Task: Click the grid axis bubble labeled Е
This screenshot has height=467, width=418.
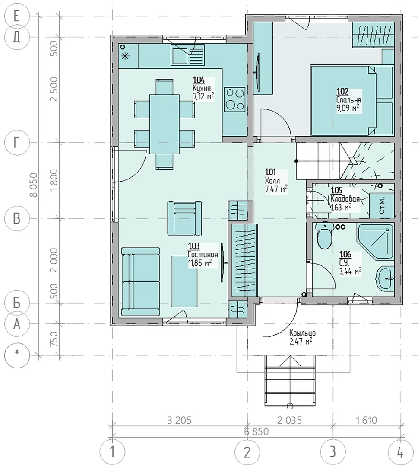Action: pyautogui.click(x=17, y=16)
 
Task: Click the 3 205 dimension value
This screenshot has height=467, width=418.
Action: pyautogui.click(x=179, y=420)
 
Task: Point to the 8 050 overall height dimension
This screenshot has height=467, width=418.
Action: pyautogui.click(x=34, y=185)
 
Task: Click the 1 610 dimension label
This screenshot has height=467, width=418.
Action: pyautogui.click(x=367, y=420)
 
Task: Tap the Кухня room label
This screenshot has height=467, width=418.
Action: pyautogui.click(x=202, y=88)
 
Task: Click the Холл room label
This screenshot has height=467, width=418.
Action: pyautogui.click(x=272, y=180)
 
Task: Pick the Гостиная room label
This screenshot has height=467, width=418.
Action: pyautogui.click(x=203, y=255)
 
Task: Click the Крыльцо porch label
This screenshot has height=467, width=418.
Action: pyautogui.click(x=302, y=333)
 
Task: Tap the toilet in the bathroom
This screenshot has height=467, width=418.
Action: pyautogui.click(x=324, y=236)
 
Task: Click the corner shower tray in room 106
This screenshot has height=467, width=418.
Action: pyautogui.click(x=375, y=240)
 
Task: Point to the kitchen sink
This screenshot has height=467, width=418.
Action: pyautogui.click(x=188, y=54)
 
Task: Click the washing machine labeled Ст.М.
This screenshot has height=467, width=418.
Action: pyautogui.click(x=382, y=205)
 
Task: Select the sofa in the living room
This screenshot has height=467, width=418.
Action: pyautogui.click(x=140, y=281)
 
